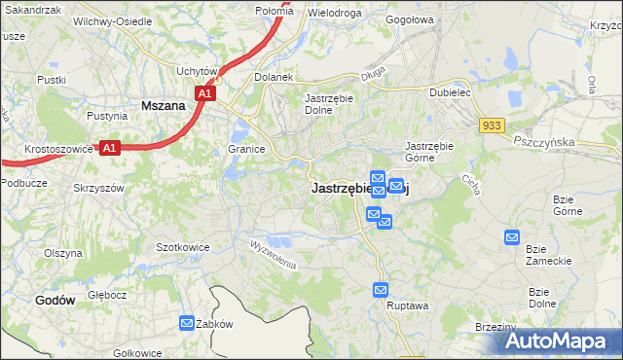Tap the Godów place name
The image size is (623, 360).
(x=55, y=301)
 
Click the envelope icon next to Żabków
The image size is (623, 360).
(x=187, y=324)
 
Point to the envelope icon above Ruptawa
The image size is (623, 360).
(x=381, y=290)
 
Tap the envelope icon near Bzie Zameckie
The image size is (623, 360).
(x=512, y=236)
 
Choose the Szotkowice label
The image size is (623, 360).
(x=183, y=247)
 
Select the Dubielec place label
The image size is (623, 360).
(x=451, y=93)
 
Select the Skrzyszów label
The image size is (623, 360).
(x=98, y=187)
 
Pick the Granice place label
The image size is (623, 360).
(x=247, y=149)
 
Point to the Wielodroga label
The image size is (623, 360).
(x=334, y=14)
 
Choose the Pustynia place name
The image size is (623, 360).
(x=107, y=115)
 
